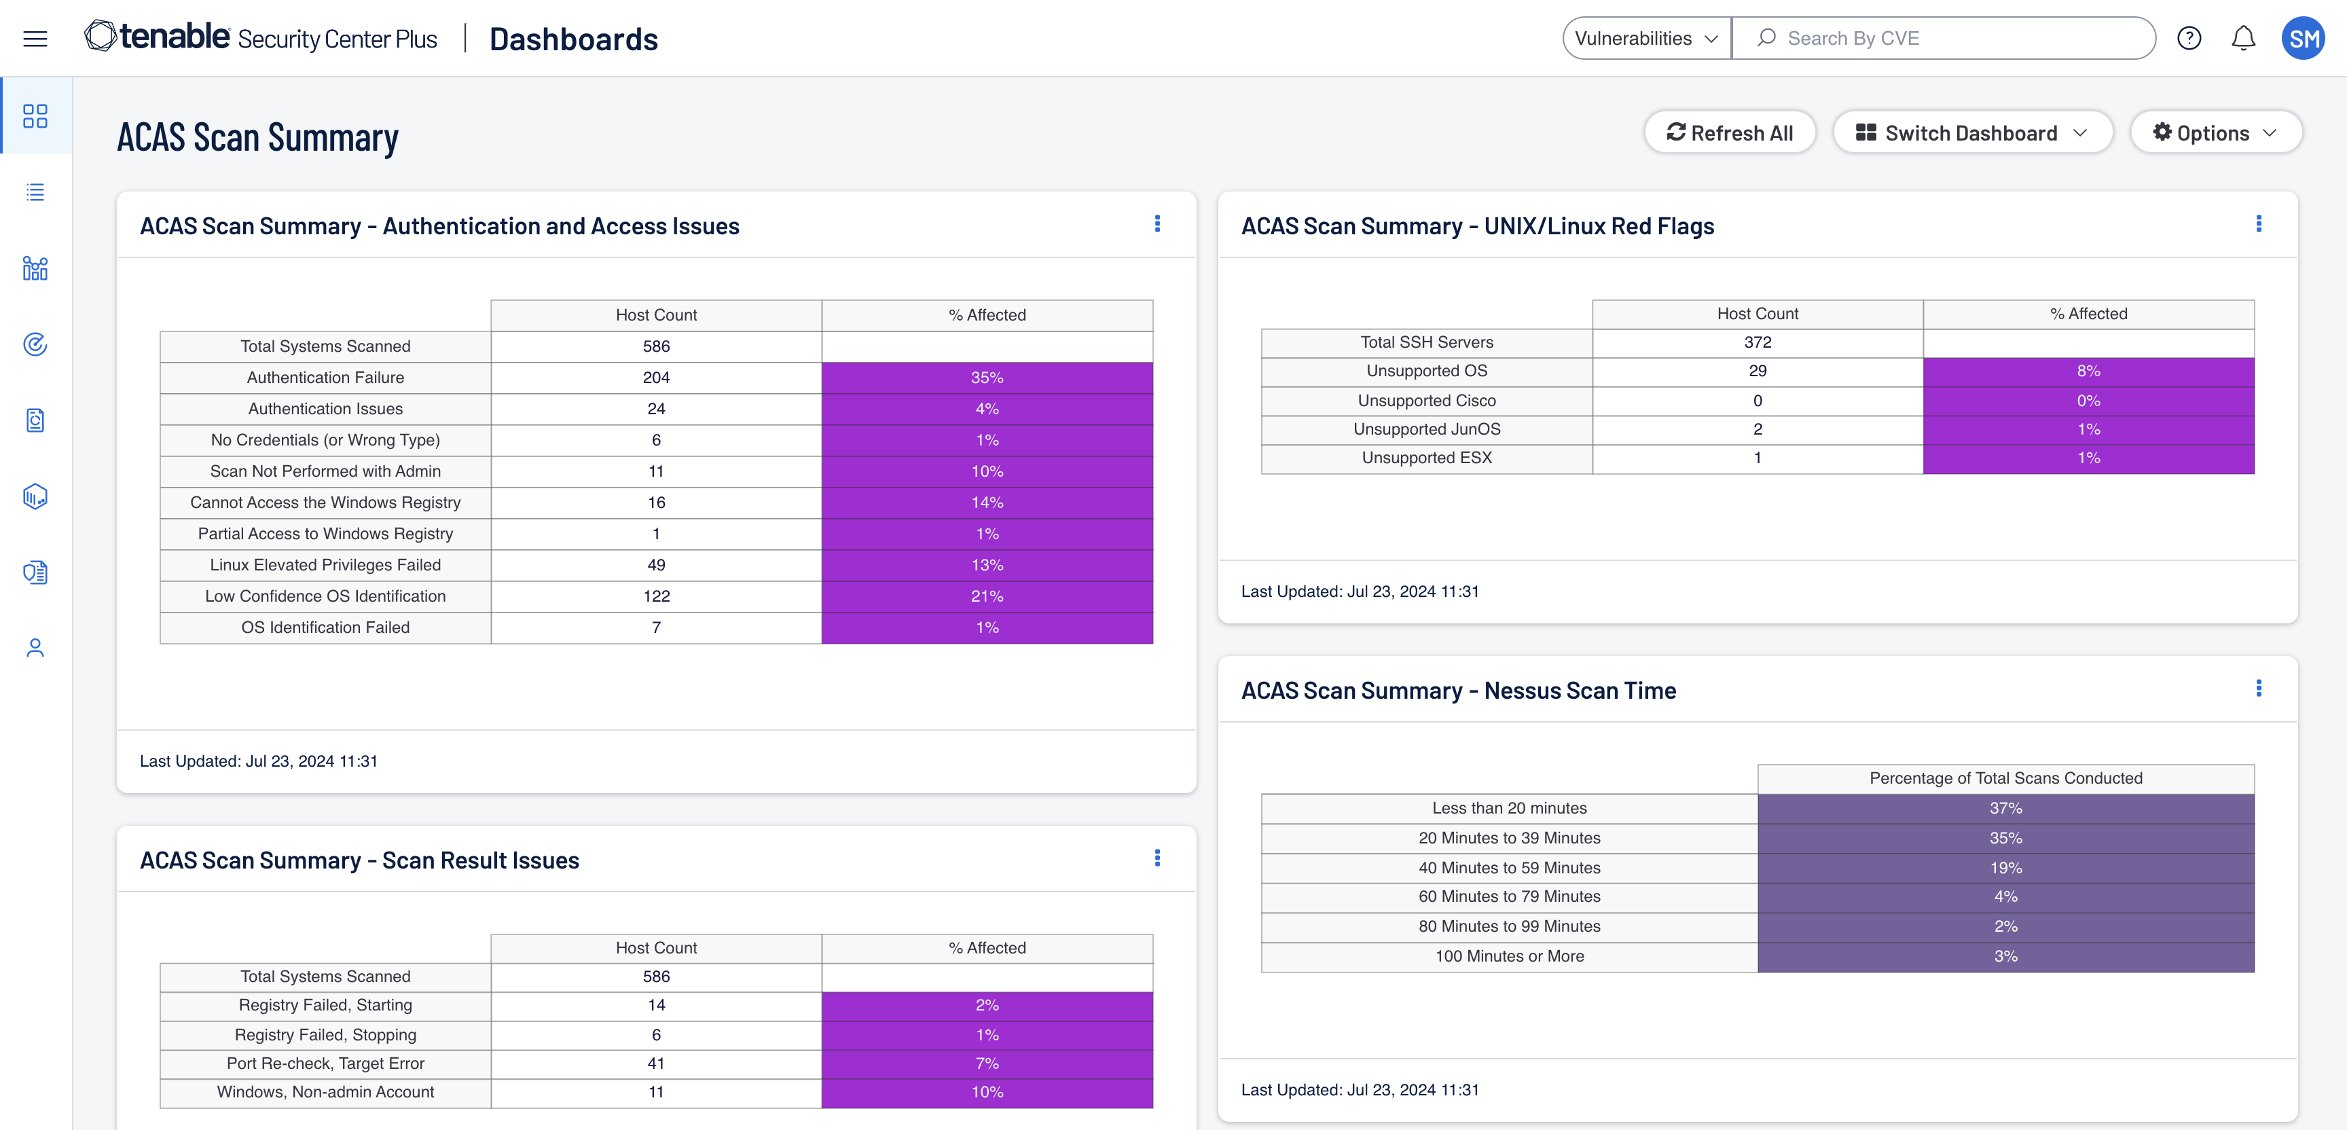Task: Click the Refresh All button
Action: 1729,133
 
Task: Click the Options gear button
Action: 2215,133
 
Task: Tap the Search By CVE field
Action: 1944,38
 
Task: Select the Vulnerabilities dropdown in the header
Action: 1646,38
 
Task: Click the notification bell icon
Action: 2243,38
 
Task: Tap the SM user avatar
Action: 2304,38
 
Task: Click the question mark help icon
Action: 2189,38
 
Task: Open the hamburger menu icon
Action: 35,38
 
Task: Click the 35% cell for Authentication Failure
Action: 987,378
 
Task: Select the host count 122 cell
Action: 656,596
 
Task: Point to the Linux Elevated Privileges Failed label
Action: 325,565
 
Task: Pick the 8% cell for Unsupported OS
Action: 2088,371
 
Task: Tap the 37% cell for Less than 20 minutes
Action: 2005,808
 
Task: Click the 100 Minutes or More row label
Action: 1510,956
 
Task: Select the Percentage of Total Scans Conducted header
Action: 2005,778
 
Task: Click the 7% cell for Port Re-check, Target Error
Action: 987,1063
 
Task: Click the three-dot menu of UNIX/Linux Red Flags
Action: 2259,223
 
